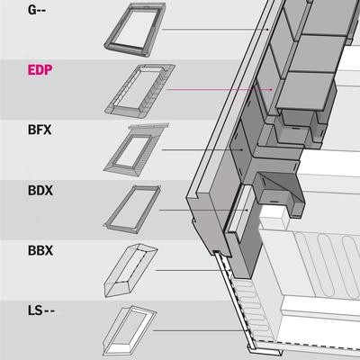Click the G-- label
coord(37,10)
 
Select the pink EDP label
coord(40,70)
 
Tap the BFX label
coord(40,130)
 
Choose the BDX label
coord(40,191)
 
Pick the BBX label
coord(40,250)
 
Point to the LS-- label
coord(41,310)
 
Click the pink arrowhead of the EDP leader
coord(272,89)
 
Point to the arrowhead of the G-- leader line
coord(268,30)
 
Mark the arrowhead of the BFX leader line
coord(241,149)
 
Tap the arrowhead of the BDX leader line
coord(247,210)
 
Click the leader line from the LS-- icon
coord(200,330)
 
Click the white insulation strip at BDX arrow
coord(241,210)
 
